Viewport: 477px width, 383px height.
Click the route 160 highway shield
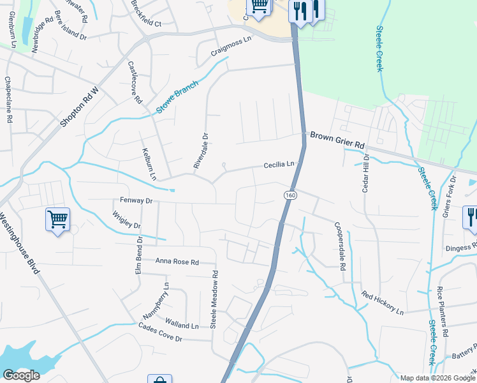290,195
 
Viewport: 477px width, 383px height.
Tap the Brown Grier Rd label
337,140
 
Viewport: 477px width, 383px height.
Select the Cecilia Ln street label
280,165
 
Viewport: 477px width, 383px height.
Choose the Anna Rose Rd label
177,262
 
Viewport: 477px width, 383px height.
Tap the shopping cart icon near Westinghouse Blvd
57,220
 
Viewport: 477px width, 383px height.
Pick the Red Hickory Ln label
383,303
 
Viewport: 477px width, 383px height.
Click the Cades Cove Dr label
160,333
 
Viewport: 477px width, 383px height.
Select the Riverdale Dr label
201,151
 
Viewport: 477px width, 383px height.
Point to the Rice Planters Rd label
441,313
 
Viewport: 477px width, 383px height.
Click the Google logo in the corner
21,375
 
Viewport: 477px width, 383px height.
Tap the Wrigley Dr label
126,220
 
